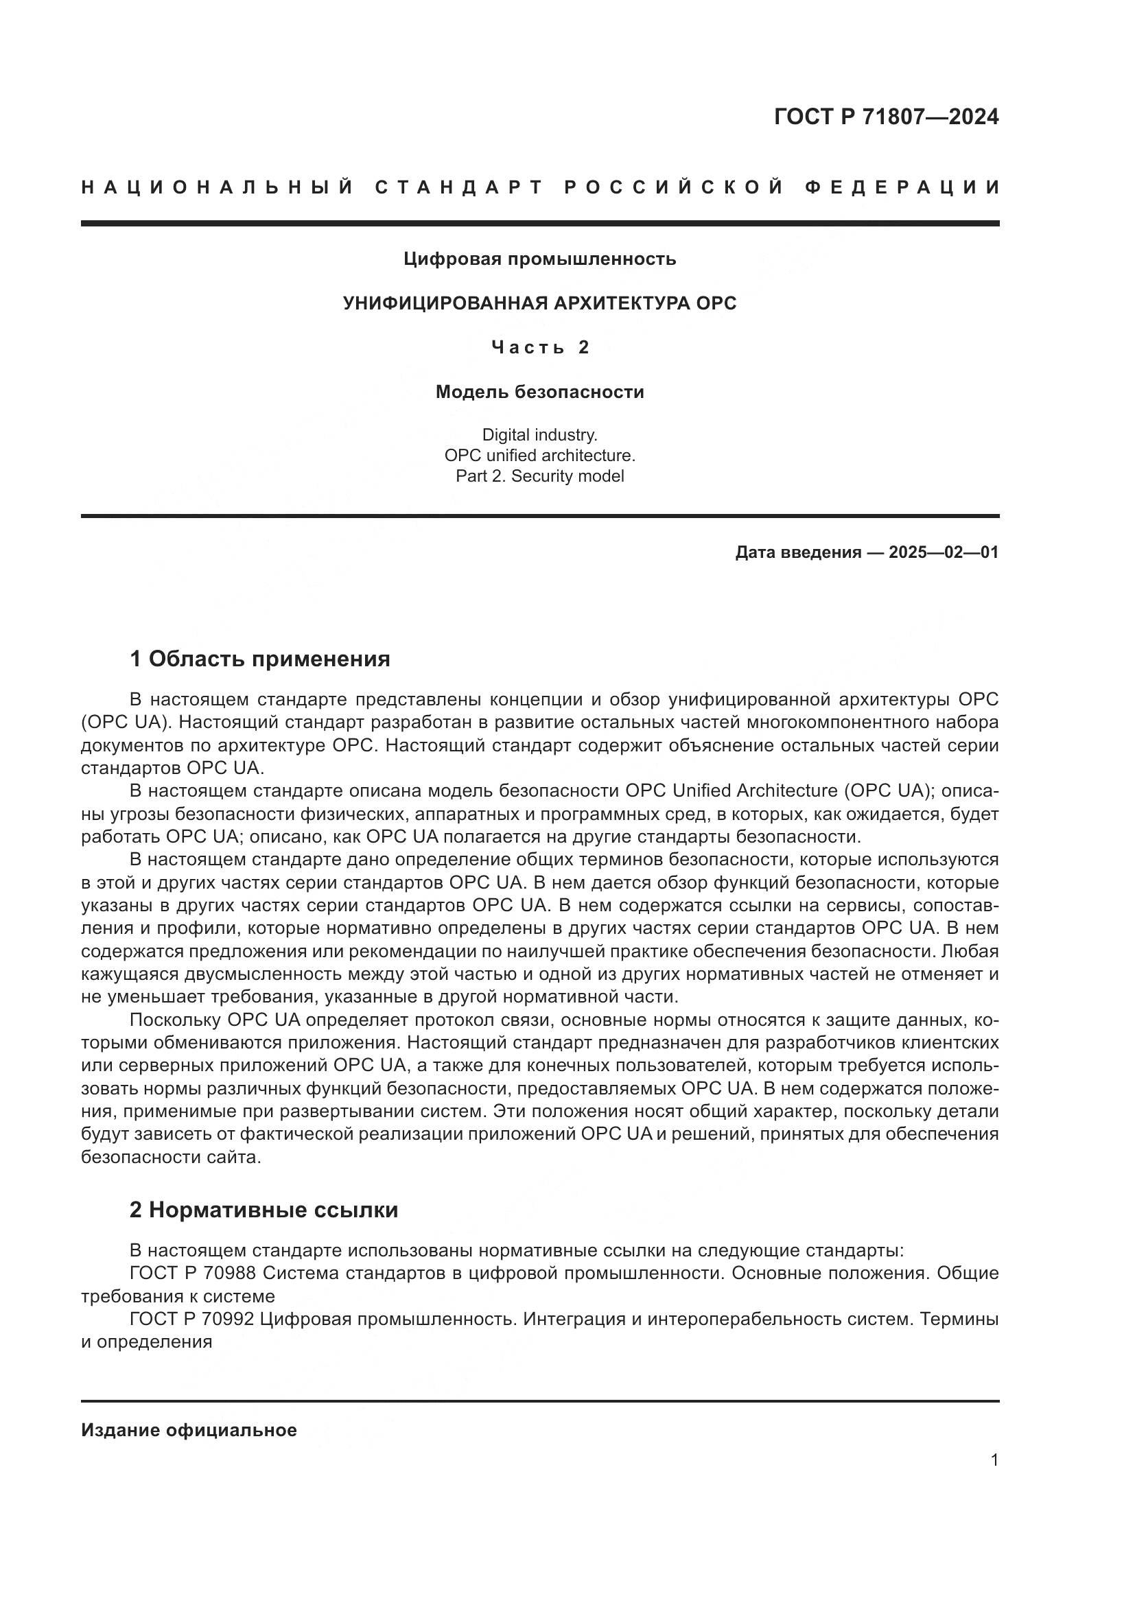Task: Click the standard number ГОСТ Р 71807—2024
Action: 885,117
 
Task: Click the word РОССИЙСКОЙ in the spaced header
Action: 675,187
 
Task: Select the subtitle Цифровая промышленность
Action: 539,259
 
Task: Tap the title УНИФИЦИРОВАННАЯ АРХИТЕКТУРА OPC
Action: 539,303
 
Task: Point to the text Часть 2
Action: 539,347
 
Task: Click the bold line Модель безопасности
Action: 539,393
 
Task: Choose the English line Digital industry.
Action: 539,435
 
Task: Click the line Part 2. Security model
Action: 539,476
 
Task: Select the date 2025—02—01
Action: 943,552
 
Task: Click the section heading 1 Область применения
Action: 260,659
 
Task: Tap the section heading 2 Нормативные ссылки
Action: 264,1210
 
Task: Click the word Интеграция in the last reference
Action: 578,1320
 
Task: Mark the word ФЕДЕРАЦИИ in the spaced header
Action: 902,187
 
